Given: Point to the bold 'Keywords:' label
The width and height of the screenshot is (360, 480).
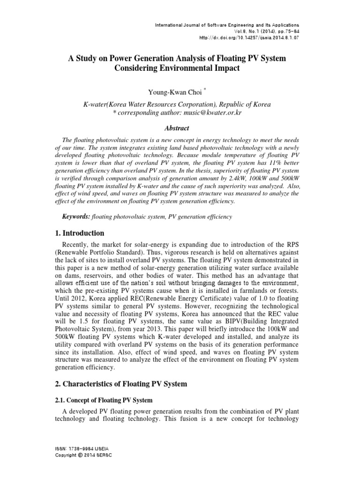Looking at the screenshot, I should (76, 217).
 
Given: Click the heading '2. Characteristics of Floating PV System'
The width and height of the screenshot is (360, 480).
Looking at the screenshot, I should (121, 384).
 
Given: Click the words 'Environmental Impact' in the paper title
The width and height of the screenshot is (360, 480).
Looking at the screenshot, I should (204, 68).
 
